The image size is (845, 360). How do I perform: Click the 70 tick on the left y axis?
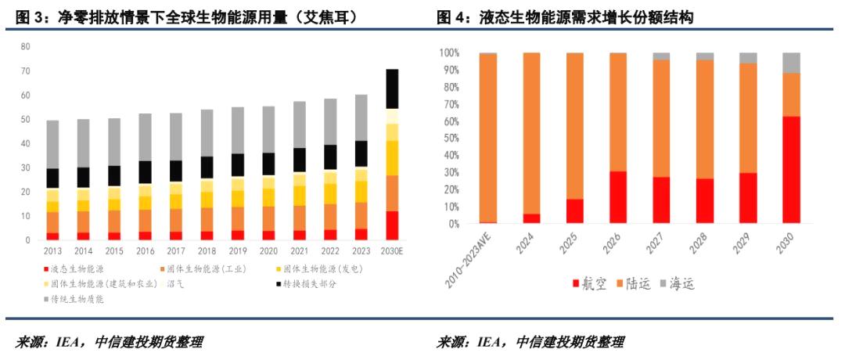click(25, 71)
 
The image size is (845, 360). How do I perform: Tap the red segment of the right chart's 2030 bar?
click(791, 170)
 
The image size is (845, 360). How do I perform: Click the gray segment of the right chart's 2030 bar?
click(791, 63)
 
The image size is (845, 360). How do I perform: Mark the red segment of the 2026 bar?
click(617, 197)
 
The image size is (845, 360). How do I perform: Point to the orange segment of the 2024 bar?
click(531, 133)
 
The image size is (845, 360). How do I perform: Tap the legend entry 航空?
click(591, 283)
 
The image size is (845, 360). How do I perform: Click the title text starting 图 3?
click(188, 17)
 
